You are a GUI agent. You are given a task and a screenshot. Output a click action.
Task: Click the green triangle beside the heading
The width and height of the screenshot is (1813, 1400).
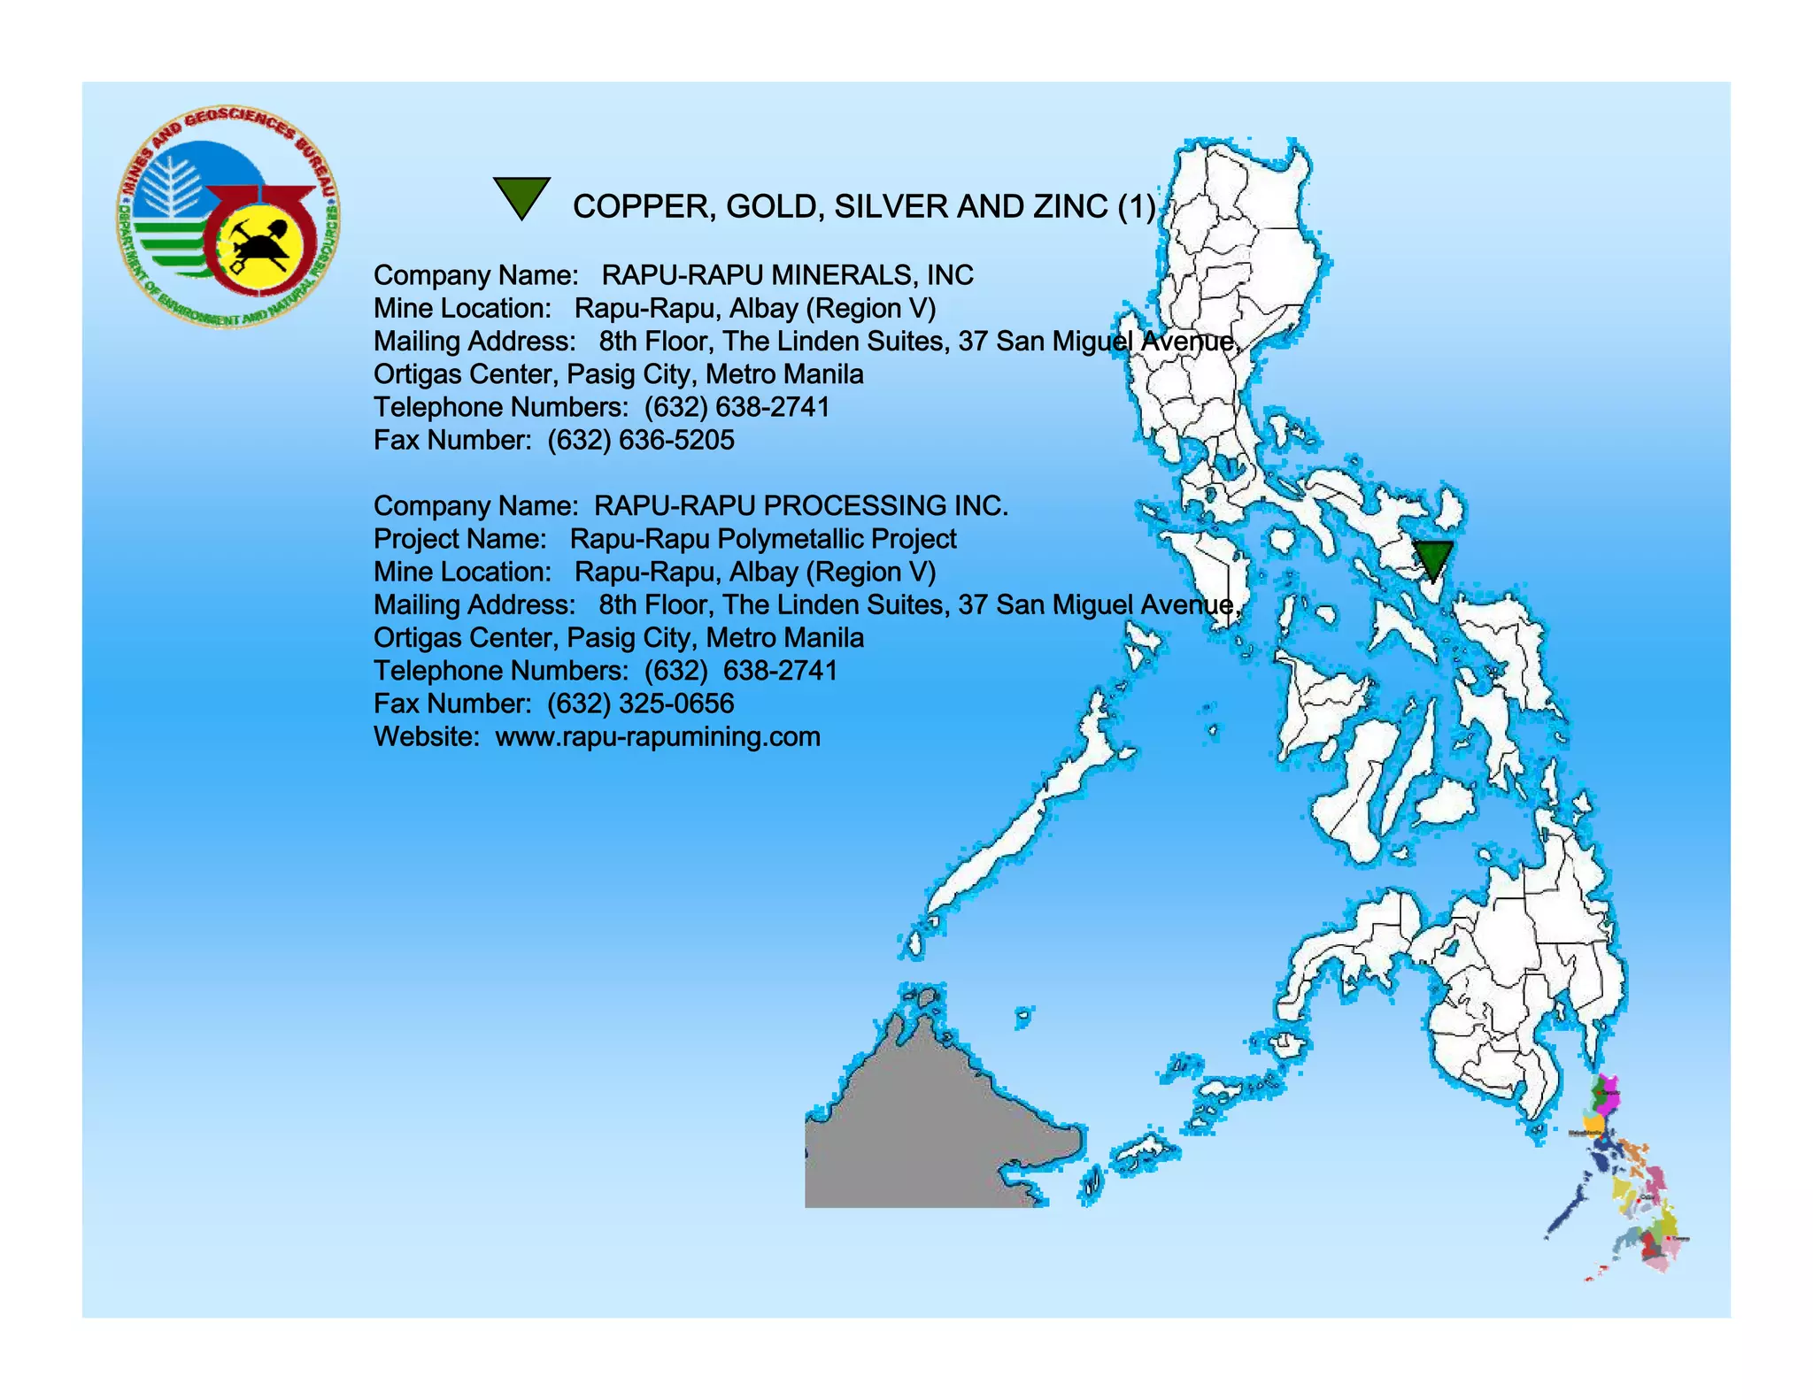click(521, 196)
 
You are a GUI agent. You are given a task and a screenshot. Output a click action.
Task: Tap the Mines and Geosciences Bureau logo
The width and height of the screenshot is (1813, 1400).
click(228, 218)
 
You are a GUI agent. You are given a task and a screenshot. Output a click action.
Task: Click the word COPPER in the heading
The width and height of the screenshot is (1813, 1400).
click(644, 207)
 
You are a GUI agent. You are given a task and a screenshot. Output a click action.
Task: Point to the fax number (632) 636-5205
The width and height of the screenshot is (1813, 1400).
click(641, 441)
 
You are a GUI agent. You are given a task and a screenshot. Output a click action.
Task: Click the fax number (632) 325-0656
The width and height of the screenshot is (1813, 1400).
click(641, 704)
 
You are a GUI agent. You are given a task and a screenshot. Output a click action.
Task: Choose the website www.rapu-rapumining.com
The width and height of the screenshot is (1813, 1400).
click(658, 737)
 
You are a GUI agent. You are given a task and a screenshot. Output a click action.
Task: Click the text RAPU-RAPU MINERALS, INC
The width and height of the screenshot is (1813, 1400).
click(787, 276)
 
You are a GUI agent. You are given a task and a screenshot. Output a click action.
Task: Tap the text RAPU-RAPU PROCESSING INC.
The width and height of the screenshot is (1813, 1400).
click(800, 506)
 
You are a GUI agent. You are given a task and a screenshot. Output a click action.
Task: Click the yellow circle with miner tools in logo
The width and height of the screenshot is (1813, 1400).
click(260, 244)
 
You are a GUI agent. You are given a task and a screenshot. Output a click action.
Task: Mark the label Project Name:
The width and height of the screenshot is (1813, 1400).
click(460, 539)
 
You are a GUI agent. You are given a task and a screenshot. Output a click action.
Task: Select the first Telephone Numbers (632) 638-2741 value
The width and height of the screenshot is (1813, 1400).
click(737, 408)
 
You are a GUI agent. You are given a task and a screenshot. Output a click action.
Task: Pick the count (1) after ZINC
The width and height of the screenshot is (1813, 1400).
click(1136, 207)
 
